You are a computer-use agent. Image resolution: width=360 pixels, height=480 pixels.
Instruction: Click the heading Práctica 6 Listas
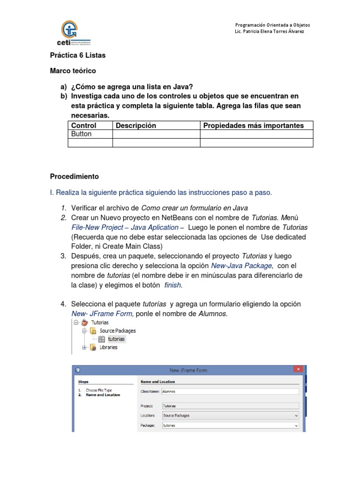[78, 55]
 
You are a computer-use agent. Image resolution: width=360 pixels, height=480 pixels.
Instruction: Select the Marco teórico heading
[73, 71]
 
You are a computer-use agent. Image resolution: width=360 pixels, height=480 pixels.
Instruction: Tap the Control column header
[84, 126]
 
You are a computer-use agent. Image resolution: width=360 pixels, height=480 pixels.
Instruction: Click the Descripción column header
[136, 126]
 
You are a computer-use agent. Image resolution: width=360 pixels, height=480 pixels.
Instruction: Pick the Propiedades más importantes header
[253, 126]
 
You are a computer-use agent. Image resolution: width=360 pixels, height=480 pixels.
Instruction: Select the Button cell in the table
[82, 134]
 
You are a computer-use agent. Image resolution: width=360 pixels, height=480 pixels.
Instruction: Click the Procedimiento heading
[75, 177]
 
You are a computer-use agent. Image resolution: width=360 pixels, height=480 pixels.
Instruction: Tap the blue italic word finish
[172, 285]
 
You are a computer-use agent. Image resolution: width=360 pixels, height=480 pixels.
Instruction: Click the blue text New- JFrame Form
[102, 314]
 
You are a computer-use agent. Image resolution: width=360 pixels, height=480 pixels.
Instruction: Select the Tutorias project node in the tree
[100, 322]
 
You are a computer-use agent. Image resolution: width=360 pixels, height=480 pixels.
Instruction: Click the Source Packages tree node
[118, 331]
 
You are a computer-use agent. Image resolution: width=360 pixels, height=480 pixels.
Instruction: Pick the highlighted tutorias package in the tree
[116, 339]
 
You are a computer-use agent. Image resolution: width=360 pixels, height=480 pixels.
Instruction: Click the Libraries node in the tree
[108, 347]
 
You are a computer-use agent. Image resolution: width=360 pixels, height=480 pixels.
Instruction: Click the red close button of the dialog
[298, 370]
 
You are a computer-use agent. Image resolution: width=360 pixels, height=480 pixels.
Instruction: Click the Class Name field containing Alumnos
[230, 391]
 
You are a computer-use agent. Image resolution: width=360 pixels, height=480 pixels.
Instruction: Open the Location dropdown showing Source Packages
[230, 415]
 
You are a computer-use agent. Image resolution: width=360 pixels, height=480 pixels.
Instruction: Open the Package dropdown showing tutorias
[230, 426]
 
